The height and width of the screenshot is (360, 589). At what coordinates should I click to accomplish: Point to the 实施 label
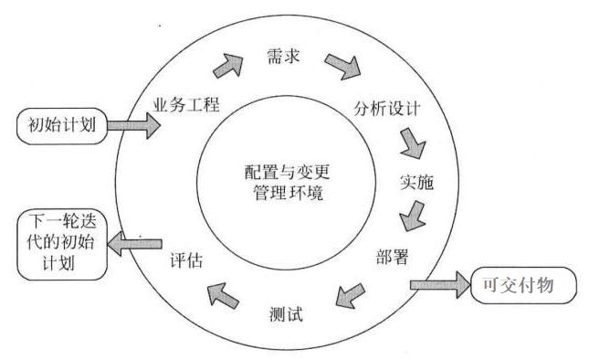pos(415,181)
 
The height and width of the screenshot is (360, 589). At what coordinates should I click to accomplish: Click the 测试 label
pos(286,315)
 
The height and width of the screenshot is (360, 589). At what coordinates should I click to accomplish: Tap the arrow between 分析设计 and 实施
pos(413,143)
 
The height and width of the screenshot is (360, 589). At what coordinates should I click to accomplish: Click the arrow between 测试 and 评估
pos(222,293)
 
